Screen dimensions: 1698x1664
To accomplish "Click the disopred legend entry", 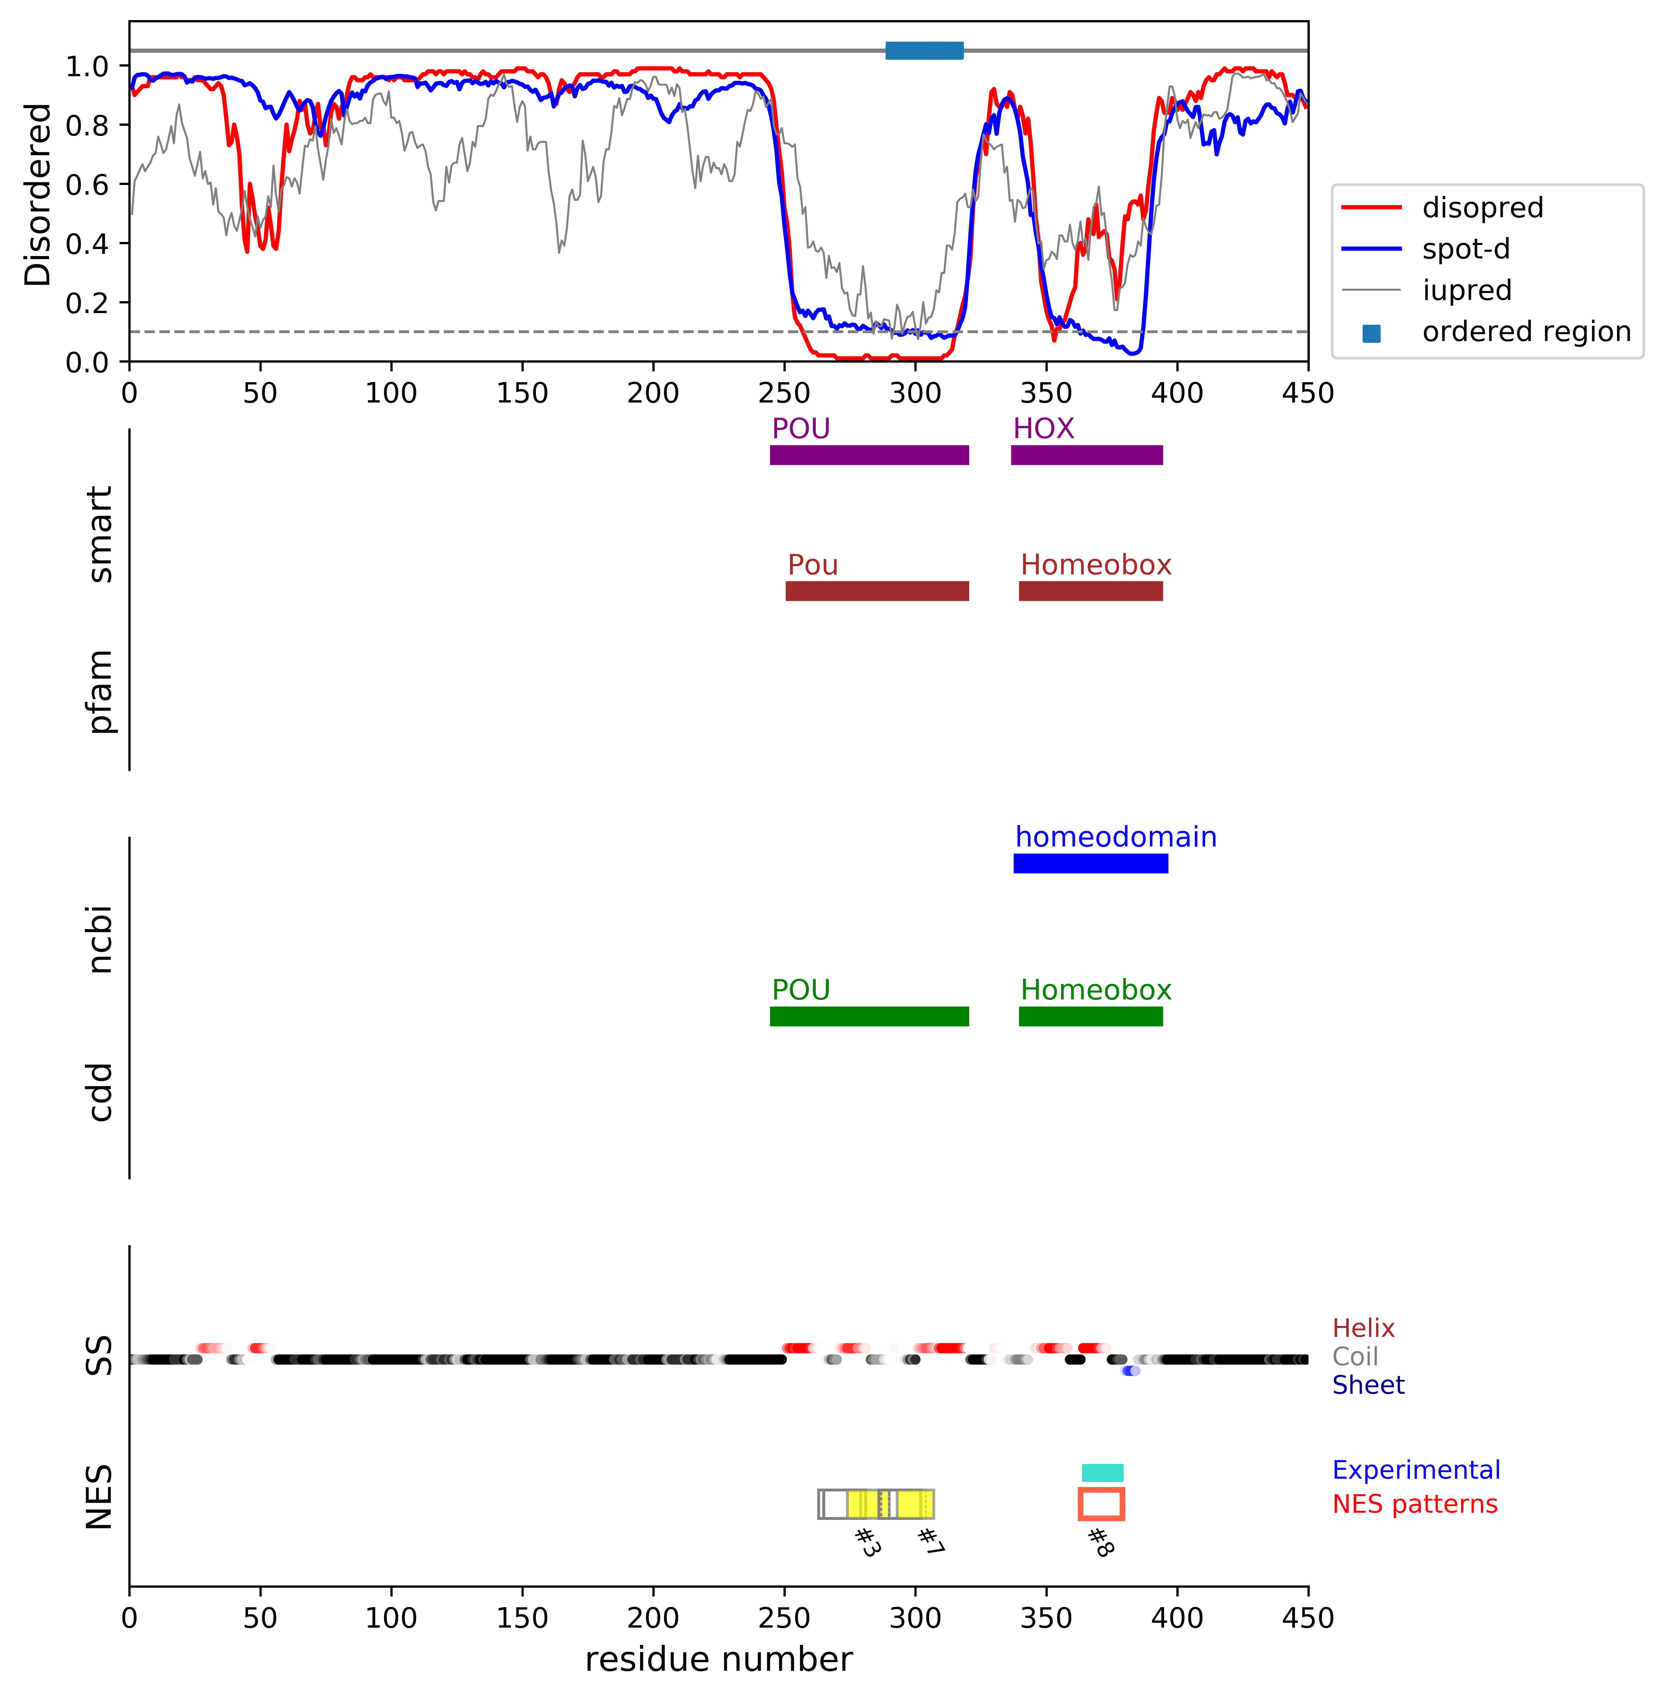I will (x=1482, y=208).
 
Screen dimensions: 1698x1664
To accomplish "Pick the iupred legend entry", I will (x=1467, y=290).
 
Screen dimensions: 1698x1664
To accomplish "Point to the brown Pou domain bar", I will (x=876, y=591).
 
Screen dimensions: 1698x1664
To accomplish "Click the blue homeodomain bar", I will (x=1090, y=863).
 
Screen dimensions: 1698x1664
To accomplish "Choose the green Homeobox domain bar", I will (x=1090, y=1016).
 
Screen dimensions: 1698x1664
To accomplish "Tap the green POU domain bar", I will (x=869, y=1016).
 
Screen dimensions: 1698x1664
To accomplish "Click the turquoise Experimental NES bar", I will (x=1102, y=1473).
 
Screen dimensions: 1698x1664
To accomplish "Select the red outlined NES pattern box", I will (x=1101, y=1504).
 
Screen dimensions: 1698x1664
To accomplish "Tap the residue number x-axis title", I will (x=718, y=1659).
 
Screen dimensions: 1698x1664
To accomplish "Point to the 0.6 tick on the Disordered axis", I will (x=86, y=184).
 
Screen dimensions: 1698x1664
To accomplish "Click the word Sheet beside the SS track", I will (x=1368, y=1385).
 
